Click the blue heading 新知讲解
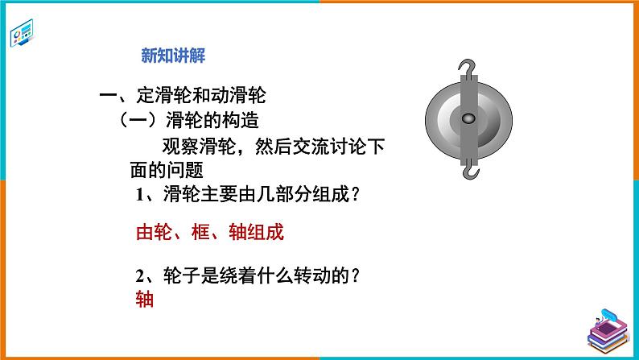(x=173, y=56)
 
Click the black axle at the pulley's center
(x=467, y=119)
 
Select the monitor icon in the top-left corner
(x=24, y=34)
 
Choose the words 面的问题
(x=165, y=171)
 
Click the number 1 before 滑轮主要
(x=138, y=197)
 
